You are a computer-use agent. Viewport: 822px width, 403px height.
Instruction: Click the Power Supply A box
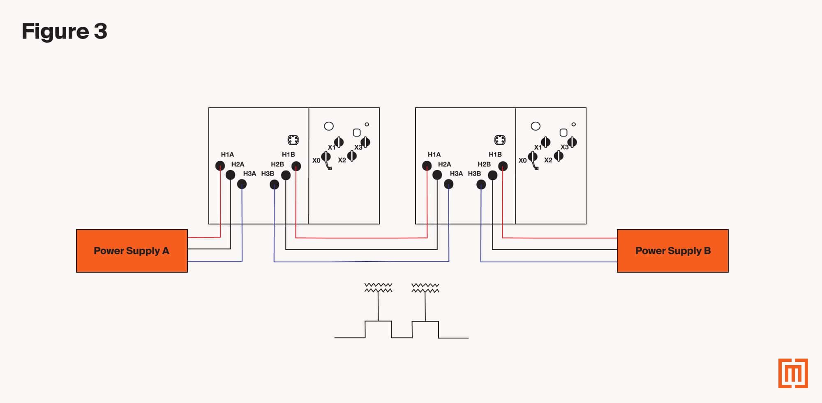[x=132, y=251]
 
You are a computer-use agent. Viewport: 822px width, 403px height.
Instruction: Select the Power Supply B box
[x=672, y=251]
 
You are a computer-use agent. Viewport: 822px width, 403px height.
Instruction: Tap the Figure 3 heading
[x=65, y=31]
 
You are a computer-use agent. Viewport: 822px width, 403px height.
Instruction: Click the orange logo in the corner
[x=793, y=373]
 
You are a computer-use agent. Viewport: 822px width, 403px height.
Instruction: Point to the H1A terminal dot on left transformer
[x=220, y=166]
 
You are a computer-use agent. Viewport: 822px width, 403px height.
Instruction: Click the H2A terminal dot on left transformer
[x=231, y=175]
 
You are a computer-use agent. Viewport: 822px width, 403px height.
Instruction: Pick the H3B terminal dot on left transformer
[x=274, y=185]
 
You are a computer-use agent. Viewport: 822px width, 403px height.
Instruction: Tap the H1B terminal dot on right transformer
[x=503, y=166]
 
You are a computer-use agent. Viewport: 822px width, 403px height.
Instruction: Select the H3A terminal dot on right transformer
[x=449, y=185]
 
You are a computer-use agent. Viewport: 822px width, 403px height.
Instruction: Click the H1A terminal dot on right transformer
[x=427, y=166]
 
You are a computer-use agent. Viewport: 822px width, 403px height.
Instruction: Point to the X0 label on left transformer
[x=316, y=160]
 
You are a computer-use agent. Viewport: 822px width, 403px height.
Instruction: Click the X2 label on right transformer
[x=548, y=160]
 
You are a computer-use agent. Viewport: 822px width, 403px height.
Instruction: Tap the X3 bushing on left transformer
[x=365, y=142]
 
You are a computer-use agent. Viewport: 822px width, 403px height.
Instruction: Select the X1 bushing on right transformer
[x=545, y=142]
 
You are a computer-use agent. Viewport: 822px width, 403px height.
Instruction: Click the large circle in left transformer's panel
[x=329, y=126]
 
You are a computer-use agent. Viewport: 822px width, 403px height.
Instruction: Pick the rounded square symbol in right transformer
[x=563, y=132]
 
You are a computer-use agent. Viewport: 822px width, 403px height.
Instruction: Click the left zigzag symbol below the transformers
[x=378, y=288]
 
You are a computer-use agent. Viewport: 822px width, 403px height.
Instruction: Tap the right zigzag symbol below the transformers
[x=425, y=288]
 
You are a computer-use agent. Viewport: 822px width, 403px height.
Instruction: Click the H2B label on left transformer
[x=277, y=164]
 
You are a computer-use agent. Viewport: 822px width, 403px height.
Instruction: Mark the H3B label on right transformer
[x=474, y=174]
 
